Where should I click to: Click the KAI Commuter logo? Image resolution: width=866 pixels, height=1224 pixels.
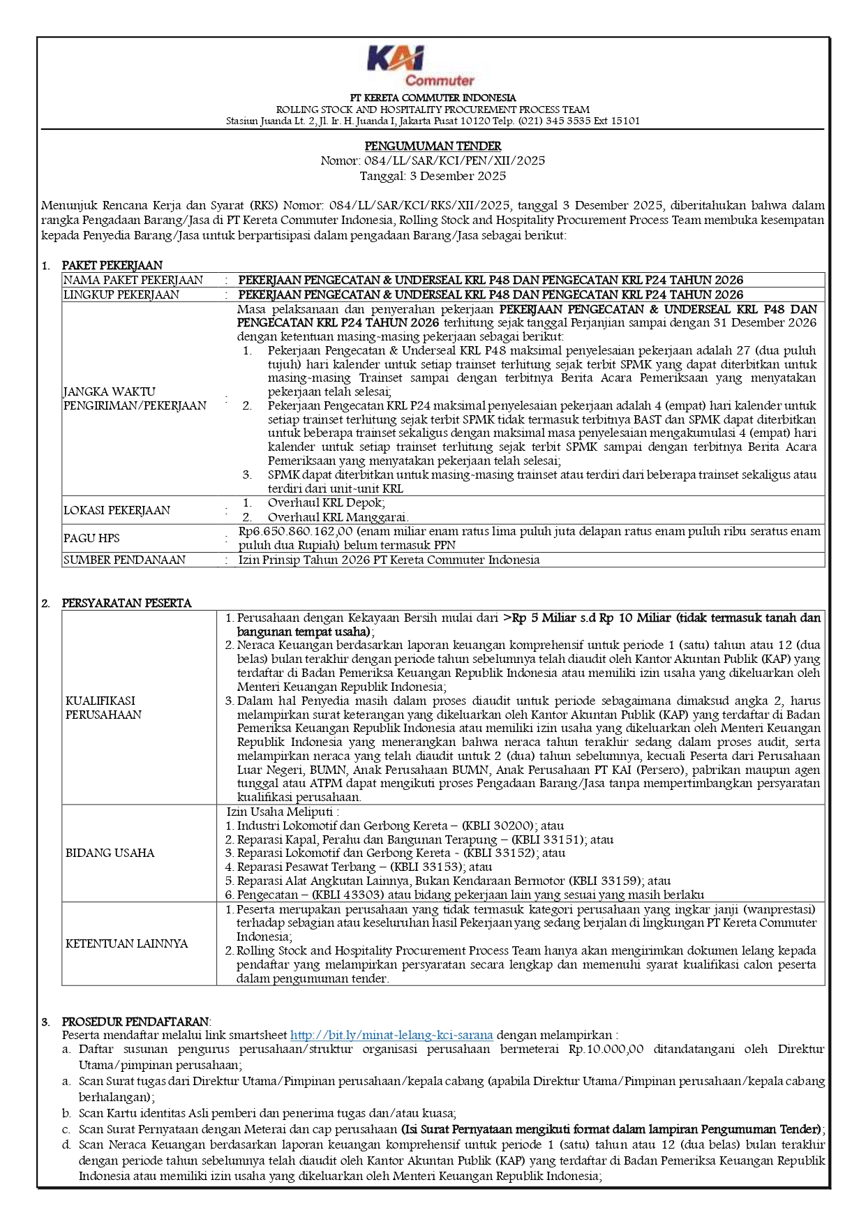tap(420, 66)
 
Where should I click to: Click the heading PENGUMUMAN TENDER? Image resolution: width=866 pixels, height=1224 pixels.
tap(433, 146)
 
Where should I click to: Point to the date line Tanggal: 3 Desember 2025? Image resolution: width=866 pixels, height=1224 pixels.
tap(433, 176)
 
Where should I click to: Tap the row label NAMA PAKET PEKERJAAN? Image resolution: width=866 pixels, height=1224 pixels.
tap(133, 280)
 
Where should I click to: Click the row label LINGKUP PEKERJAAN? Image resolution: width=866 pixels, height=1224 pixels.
tap(121, 294)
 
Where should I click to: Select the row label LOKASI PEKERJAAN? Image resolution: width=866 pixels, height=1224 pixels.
tap(117, 510)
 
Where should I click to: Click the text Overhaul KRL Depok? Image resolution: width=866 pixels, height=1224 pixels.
tap(326, 502)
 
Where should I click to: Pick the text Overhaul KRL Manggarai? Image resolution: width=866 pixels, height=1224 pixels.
tap(338, 517)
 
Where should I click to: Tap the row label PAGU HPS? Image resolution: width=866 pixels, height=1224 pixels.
tap(91, 538)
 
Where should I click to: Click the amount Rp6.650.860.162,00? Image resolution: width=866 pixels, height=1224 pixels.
tap(295, 531)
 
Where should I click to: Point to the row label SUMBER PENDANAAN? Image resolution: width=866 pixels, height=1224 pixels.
tap(124, 560)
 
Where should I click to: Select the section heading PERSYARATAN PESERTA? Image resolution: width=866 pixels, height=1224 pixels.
tap(126, 603)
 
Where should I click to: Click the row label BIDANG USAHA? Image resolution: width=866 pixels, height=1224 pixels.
tap(110, 853)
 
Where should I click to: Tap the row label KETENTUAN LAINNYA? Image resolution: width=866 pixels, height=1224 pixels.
tap(126, 943)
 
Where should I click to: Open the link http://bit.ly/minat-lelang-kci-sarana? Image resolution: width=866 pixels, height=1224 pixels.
tap(391, 1035)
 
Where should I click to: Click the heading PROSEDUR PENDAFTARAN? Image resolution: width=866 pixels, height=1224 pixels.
tap(135, 1022)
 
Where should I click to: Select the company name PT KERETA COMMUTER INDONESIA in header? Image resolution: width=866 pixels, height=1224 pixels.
tap(433, 98)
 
